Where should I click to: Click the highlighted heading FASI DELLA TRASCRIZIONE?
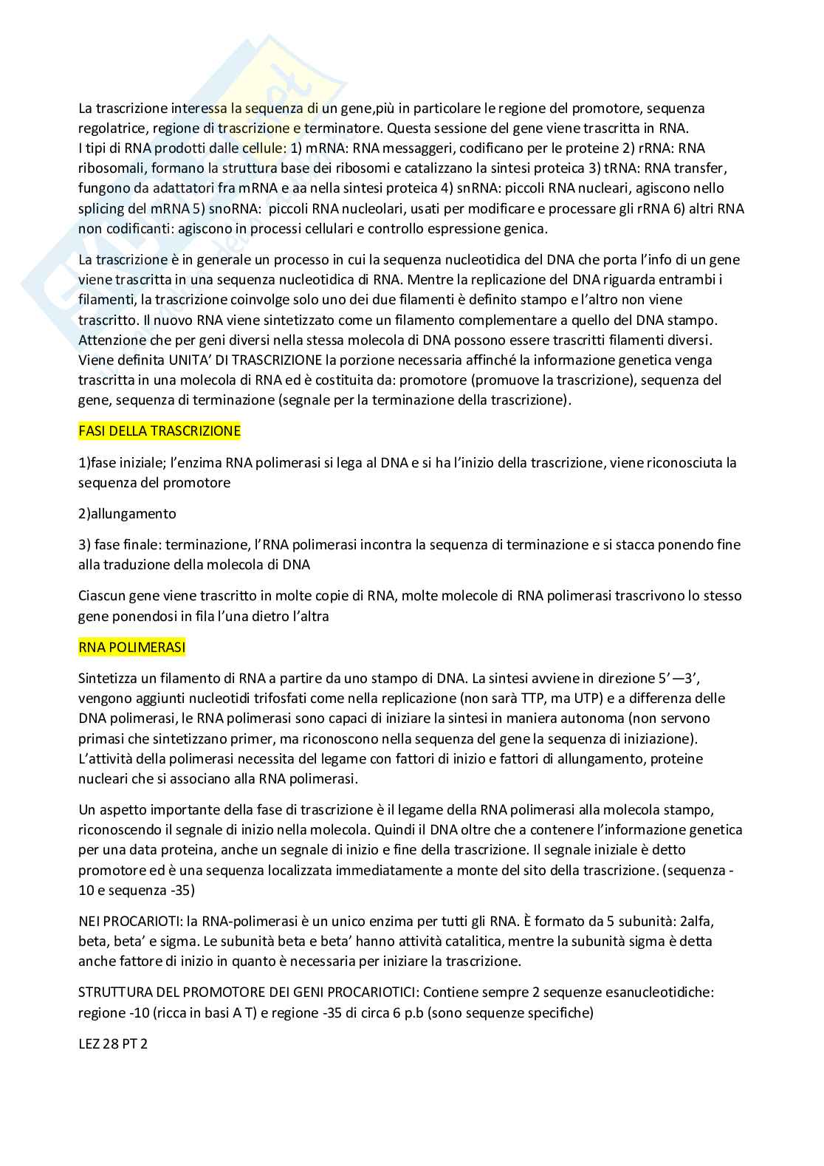159,431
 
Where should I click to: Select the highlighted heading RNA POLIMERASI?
131,648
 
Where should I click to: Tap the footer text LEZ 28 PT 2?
113,1046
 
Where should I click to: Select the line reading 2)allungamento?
127,513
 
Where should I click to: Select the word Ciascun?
101,596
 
